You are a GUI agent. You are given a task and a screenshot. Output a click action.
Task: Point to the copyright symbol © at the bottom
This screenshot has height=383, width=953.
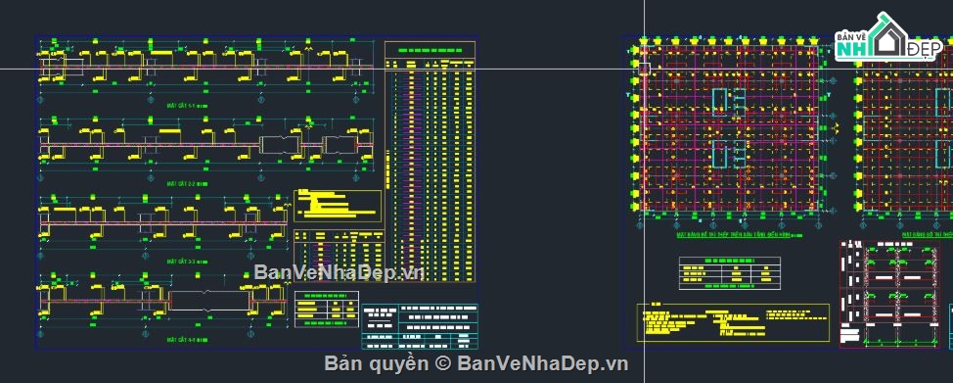click(x=442, y=363)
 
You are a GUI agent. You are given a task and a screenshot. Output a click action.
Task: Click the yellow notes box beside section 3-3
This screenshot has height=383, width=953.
click(x=338, y=205)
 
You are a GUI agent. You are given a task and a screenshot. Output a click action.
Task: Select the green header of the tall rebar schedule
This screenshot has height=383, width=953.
click(x=430, y=48)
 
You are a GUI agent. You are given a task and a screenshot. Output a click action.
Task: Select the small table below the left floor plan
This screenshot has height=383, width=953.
click(x=730, y=271)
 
